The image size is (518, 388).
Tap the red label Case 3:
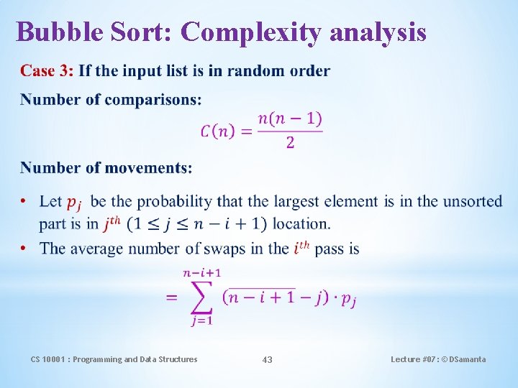pyautogui.click(x=47, y=70)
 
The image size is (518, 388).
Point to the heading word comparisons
pyautogui.click(x=153, y=100)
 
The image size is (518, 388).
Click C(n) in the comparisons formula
pyautogui.click(x=217, y=131)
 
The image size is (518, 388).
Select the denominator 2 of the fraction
pyautogui.click(x=290, y=143)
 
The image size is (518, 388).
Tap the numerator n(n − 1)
pyautogui.click(x=290, y=119)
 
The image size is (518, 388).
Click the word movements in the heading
pyautogui.click(x=148, y=168)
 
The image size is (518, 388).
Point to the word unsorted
pyautogui.click(x=473, y=201)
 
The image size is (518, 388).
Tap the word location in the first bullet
pyautogui.click(x=301, y=224)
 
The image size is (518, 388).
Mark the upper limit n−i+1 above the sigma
pyautogui.click(x=202, y=272)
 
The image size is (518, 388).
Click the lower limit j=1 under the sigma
pyautogui.click(x=201, y=321)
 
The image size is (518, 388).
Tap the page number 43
pyautogui.click(x=267, y=359)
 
